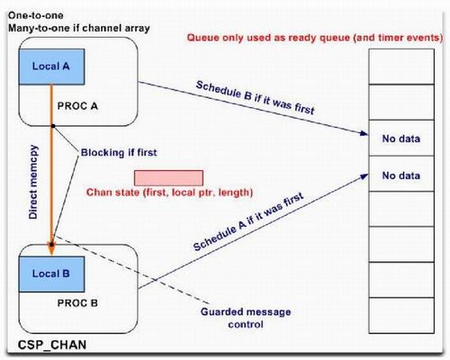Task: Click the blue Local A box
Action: [x=51, y=67]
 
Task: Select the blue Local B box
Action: [x=51, y=274]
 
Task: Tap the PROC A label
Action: [x=77, y=106]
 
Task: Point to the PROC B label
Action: [x=77, y=303]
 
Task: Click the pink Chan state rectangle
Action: [x=168, y=178]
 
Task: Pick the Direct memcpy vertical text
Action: [x=33, y=182]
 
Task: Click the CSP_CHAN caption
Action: [x=52, y=345]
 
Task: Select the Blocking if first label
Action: [x=119, y=152]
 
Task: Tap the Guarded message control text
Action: [x=246, y=318]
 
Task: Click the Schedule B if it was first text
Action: [x=255, y=98]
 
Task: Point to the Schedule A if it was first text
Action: [x=248, y=221]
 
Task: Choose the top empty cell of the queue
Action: [x=401, y=67]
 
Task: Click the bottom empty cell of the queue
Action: [x=401, y=315]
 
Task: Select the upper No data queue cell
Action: [x=401, y=138]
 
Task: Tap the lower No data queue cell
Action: [x=401, y=174]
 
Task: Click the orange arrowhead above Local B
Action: [x=51, y=249]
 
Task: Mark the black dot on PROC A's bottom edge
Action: [x=53, y=126]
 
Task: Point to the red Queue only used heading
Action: [x=315, y=38]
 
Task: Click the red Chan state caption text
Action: [x=169, y=192]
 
